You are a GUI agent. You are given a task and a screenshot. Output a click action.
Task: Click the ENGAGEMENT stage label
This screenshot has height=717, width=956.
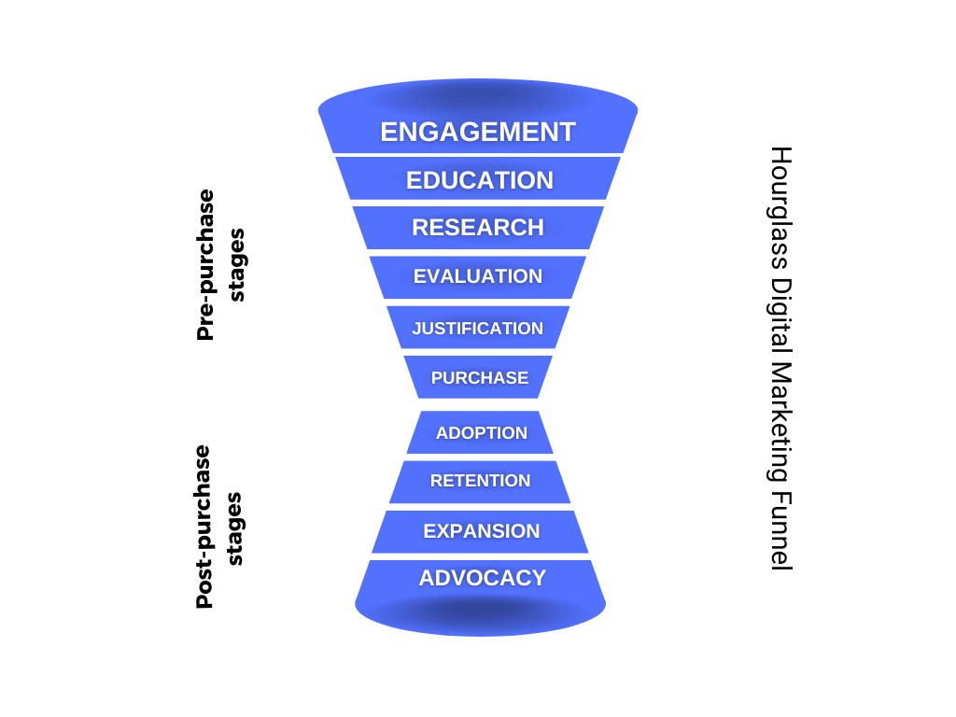478,133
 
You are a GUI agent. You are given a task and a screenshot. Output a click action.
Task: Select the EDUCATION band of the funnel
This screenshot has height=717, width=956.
479,180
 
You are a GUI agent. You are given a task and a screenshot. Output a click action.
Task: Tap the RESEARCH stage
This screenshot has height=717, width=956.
478,228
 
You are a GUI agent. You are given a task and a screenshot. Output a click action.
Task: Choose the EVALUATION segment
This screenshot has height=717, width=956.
478,276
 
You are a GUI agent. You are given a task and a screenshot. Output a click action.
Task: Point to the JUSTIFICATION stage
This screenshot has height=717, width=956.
478,328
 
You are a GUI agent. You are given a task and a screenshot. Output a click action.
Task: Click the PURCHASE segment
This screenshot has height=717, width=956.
479,378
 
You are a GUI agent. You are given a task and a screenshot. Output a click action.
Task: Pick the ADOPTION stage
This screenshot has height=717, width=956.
481,433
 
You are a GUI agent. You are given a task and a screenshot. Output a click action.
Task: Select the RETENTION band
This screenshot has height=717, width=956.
480,481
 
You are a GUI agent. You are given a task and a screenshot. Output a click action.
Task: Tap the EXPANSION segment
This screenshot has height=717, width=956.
481,531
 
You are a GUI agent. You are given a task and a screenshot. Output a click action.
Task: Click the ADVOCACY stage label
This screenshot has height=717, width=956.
482,578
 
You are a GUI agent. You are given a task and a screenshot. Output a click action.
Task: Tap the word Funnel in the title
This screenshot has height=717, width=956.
780,528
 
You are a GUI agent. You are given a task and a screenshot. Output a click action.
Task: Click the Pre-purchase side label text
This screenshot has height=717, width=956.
205,265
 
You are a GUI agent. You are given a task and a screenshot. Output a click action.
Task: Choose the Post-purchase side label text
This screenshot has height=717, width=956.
204,527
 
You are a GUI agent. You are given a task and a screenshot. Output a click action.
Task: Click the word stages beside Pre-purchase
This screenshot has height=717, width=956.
236,265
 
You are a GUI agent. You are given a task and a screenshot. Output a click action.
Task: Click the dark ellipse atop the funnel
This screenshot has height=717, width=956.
478,96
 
